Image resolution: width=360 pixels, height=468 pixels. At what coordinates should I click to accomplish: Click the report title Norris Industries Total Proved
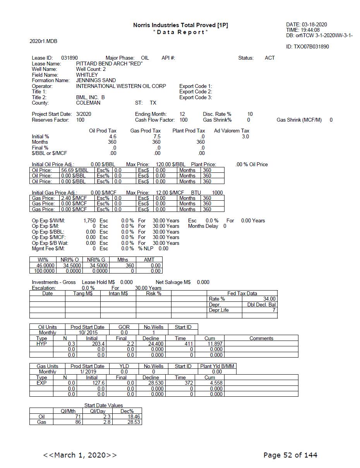pos(180,25)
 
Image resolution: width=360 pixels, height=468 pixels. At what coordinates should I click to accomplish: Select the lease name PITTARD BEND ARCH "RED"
pos(109,64)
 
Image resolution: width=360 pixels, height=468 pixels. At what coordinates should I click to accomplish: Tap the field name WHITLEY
pos(87,75)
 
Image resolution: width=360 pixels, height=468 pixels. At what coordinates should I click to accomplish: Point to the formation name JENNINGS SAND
pos(96,81)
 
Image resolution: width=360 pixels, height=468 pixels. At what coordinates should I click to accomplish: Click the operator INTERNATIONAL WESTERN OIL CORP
pos(121,86)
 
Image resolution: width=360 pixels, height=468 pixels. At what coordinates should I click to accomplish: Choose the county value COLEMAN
pos(88,103)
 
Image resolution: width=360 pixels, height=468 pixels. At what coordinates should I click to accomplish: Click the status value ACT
pos(269,58)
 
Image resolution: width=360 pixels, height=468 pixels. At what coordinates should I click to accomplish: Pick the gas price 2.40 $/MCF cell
pos(74,198)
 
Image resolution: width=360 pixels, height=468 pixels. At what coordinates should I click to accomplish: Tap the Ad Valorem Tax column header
pos(231,131)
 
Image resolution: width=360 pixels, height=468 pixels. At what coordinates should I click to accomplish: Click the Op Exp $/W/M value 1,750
pos(89,220)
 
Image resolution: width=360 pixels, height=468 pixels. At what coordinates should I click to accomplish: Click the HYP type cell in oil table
pos(41,344)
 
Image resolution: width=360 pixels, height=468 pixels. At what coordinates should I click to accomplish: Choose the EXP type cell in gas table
pos(41,383)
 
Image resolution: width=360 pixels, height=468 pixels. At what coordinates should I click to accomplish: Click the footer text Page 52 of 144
pos(290,455)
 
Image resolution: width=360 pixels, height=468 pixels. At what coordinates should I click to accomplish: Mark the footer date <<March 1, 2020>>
pos(80,455)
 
